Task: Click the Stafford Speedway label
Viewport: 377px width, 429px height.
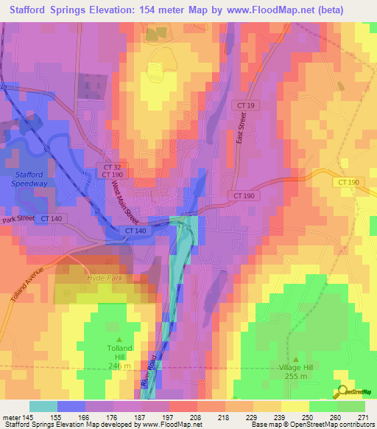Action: tap(30, 179)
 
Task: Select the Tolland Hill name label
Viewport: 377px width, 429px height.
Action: tap(119, 353)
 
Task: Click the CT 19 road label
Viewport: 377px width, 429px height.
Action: tap(246, 106)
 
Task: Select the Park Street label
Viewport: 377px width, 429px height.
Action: tap(18, 219)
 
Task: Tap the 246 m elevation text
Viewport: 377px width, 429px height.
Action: tap(119, 365)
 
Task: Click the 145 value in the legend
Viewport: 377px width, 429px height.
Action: tap(27, 416)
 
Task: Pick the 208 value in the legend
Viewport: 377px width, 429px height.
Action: tap(195, 416)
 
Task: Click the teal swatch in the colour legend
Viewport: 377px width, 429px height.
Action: tap(43, 406)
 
